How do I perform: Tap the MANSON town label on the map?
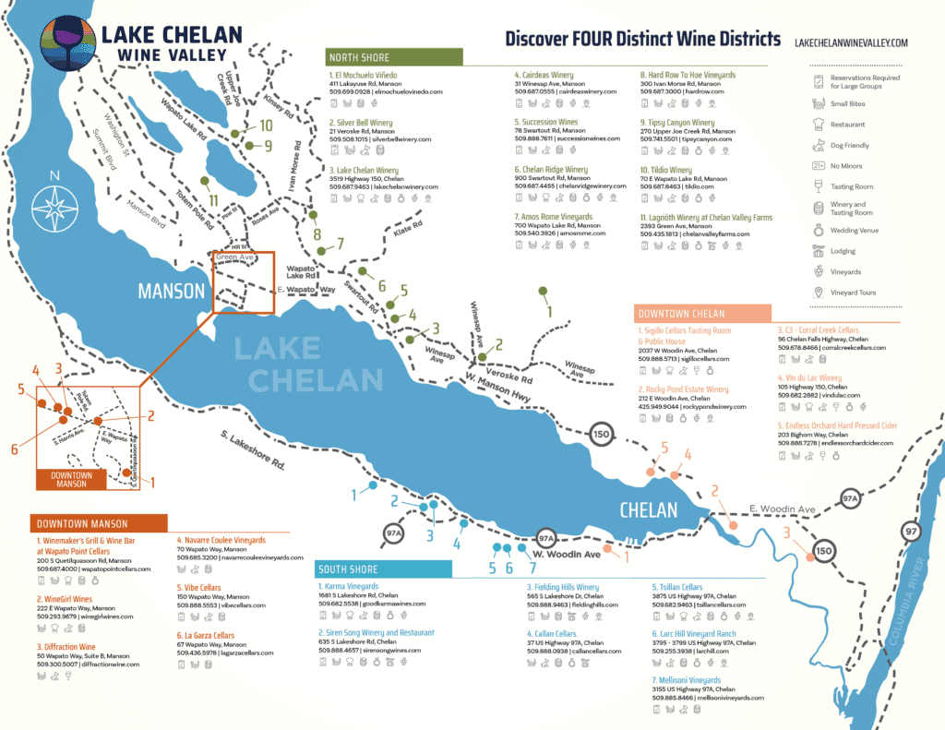click(x=172, y=291)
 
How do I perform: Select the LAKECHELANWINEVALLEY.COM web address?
click(x=851, y=42)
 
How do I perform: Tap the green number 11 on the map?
click(x=213, y=199)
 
